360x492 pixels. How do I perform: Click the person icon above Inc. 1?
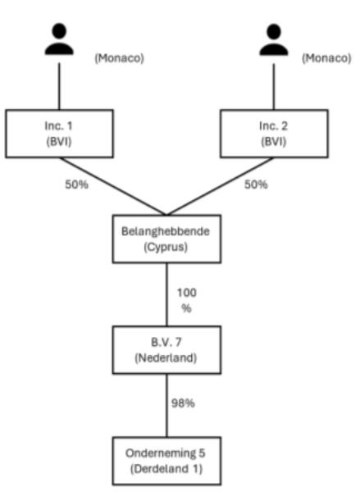tap(59, 39)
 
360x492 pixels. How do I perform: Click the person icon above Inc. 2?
tap(274, 39)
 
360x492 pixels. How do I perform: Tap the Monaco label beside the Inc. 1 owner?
tap(119, 58)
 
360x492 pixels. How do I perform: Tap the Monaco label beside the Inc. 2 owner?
tap(326, 58)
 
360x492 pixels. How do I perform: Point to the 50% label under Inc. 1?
tap(76, 184)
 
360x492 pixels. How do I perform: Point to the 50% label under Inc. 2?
tap(256, 184)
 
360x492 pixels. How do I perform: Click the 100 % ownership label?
tap(187, 300)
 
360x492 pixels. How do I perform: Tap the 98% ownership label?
tap(183, 403)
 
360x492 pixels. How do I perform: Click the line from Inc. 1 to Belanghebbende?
tap(113, 186)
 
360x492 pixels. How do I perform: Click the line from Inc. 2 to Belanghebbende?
tap(220, 186)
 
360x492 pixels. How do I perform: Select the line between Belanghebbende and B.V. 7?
tap(166, 294)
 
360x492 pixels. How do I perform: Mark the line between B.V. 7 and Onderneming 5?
tap(166, 405)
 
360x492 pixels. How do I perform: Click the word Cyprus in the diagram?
tap(166, 248)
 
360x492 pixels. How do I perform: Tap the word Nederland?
tap(166, 358)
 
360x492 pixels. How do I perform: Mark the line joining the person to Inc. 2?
tap(274, 87)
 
